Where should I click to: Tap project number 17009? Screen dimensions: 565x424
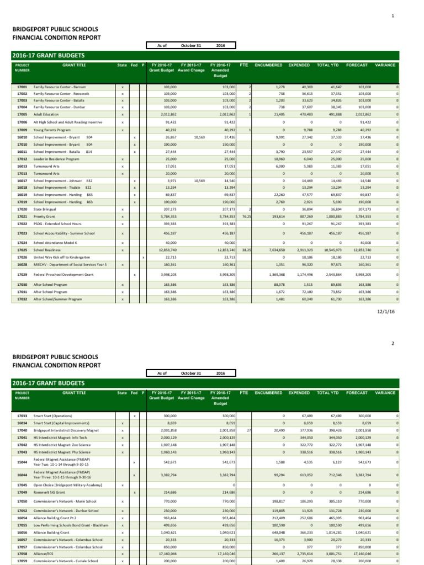22,130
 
